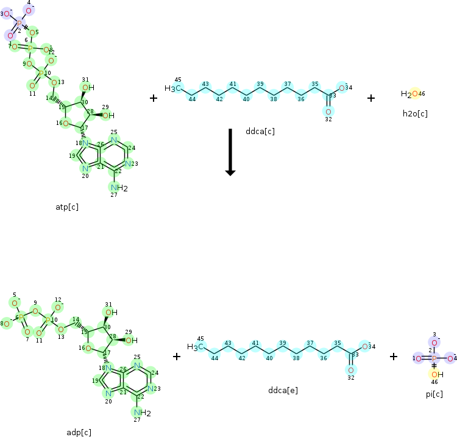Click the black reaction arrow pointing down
click(x=230, y=152)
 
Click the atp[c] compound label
click(x=67, y=207)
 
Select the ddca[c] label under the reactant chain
click(x=260, y=130)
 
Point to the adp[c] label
click(x=79, y=432)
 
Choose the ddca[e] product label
click(x=283, y=389)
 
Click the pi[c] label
click(x=434, y=394)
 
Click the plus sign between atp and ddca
click(x=154, y=98)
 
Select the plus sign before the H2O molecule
click(x=371, y=98)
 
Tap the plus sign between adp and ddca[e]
click(x=177, y=356)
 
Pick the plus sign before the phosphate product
click(x=394, y=356)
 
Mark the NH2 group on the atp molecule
click(x=118, y=188)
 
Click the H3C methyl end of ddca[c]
click(x=173, y=88)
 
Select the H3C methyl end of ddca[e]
click(x=196, y=347)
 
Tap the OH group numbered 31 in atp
click(x=87, y=88)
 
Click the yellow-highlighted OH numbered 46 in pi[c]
click(x=435, y=374)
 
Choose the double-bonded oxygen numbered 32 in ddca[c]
click(x=328, y=112)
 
